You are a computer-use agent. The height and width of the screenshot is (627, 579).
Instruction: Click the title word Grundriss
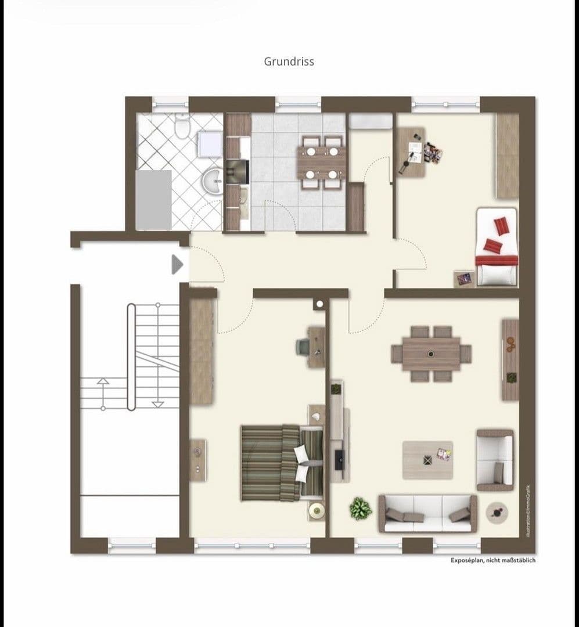(x=289, y=62)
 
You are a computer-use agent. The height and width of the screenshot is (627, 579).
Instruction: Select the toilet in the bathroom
(x=182, y=126)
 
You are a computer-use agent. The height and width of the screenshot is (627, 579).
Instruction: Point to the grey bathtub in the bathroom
(x=153, y=199)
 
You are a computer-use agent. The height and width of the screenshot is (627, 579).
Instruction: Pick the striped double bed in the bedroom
(x=281, y=463)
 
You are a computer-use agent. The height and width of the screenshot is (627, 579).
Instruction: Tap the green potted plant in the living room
(x=361, y=509)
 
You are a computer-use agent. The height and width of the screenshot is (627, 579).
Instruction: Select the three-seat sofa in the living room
(x=428, y=513)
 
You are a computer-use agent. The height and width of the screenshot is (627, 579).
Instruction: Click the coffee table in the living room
(x=427, y=460)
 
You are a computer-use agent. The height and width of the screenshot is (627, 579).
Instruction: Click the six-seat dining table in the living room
(x=431, y=354)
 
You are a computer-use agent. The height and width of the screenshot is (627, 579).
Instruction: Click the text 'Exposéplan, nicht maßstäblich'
(x=493, y=560)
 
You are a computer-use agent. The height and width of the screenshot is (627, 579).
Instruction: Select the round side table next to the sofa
(x=497, y=513)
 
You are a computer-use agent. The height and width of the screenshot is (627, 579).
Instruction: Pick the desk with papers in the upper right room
(x=412, y=152)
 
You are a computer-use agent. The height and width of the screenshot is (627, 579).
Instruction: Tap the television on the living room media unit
(x=339, y=459)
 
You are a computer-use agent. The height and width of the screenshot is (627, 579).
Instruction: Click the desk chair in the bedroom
(x=304, y=347)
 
